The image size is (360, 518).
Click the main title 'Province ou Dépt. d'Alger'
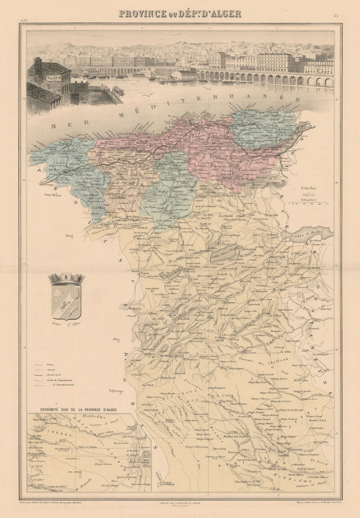(180, 14)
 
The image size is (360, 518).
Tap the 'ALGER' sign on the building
(53, 78)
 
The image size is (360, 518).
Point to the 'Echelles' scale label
(309, 188)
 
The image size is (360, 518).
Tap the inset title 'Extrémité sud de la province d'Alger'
(79, 410)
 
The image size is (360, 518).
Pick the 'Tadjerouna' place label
(116, 390)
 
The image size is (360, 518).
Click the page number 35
(336, 16)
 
